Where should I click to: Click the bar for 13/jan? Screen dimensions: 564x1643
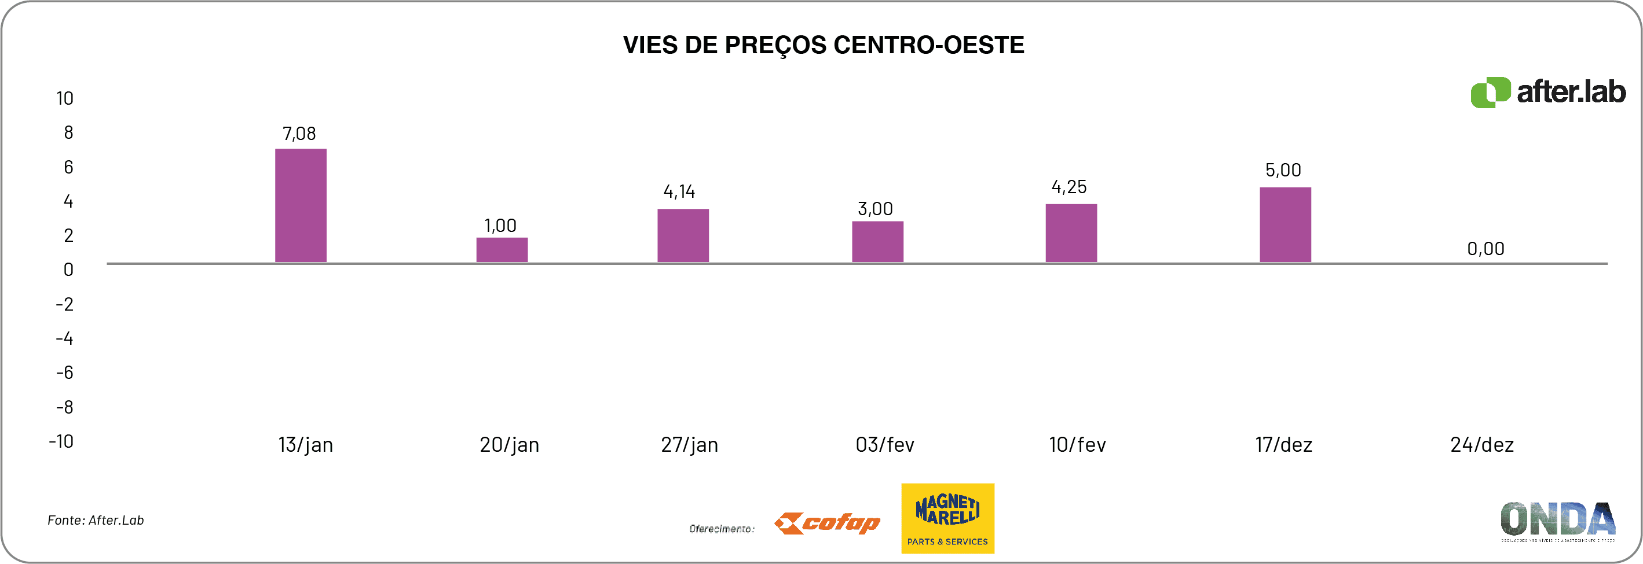click(x=301, y=205)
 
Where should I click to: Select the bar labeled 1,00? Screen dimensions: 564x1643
click(x=502, y=250)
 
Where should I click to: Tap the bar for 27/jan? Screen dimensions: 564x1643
click(x=683, y=235)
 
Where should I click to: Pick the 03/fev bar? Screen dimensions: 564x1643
click(x=877, y=242)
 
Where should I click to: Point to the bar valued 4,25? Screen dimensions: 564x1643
click(x=1071, y=233)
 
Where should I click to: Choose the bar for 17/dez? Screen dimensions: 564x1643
click(x=1285, y=224)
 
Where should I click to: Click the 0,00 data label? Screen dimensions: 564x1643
click(x=1485, y=249)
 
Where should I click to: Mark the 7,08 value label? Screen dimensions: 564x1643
click(x=299, y=134)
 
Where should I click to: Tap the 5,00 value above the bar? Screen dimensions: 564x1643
click(x=1283, y=170)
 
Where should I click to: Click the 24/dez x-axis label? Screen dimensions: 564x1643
click(x=1481, y=444)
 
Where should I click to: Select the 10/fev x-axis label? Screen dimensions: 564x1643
click(x=1077, y=444)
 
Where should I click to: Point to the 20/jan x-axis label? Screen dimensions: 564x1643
click(x=509, y=444)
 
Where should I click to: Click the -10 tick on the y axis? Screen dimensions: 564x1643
click(x=61, y=441)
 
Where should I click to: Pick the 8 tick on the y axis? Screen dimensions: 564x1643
click(x=68, y=132)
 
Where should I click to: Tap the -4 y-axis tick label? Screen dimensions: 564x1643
click(x=64, y=338)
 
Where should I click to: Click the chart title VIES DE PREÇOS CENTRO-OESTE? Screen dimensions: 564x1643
click(x=824, y=45)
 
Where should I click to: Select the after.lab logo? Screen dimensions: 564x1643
click(x=1548, y=93)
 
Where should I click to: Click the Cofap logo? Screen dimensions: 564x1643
click(x=827, y=523)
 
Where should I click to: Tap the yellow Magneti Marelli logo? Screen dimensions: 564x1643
click(x=947, y=518)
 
